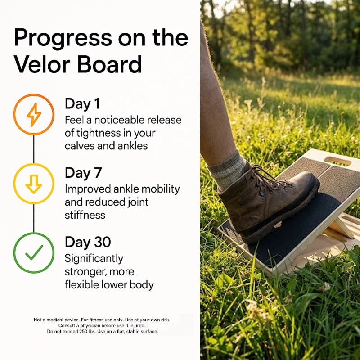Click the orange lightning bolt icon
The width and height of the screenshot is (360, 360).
(34, 114)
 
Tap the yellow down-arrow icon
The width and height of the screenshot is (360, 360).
(34, 184)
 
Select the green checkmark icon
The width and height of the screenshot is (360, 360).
(34, 253)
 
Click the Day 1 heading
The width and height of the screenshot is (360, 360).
(82, 104)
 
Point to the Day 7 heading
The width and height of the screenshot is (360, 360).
(83, 173)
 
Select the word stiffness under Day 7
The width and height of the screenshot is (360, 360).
(85, 215)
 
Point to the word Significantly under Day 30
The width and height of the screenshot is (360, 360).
(94, 259)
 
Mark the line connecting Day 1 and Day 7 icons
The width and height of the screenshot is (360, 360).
(34, 149)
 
